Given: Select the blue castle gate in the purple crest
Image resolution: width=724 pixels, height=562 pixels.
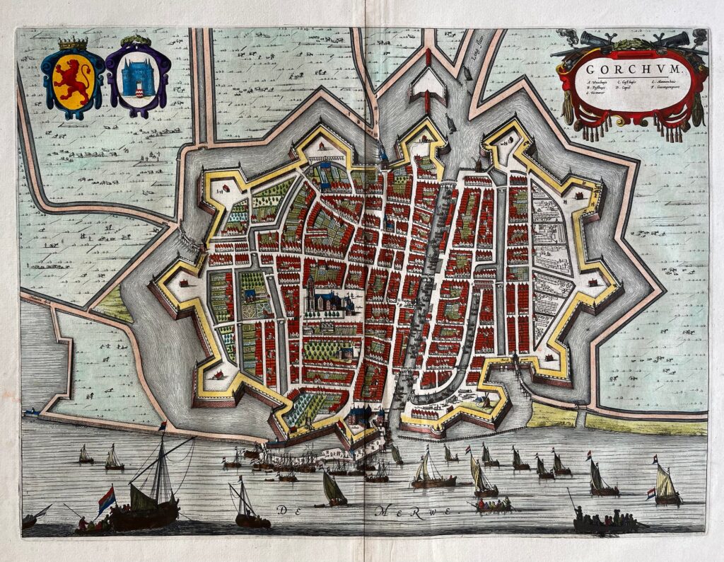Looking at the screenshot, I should click(138, 78).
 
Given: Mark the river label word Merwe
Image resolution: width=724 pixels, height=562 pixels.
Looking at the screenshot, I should click(420, 510).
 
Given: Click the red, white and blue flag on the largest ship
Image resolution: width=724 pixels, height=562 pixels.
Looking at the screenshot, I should click(107, 499).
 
